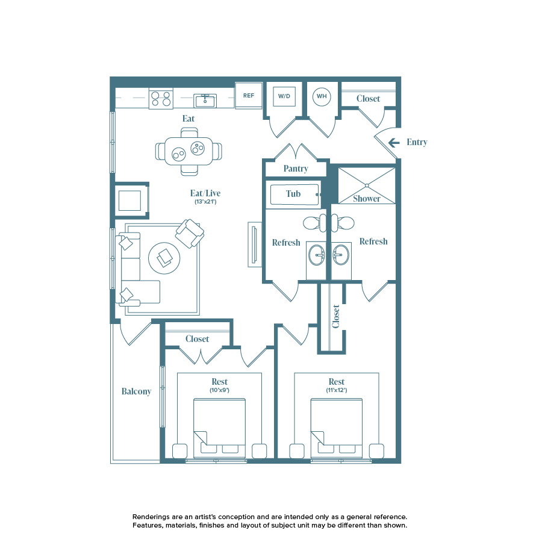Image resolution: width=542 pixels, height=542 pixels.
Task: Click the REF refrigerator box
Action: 248,96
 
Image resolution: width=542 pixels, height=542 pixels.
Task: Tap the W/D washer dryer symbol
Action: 284,96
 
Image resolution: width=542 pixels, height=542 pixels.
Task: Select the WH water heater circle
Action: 322,96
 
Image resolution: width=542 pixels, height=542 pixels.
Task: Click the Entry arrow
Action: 394,143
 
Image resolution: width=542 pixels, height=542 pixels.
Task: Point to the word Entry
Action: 417,143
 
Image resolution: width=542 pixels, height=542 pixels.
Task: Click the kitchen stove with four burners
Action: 161,99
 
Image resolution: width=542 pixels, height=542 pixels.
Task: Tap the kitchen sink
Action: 205,100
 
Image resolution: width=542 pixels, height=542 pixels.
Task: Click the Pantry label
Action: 296,169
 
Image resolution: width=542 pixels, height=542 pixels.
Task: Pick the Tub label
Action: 293,194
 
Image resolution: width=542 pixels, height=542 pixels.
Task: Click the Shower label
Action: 367,198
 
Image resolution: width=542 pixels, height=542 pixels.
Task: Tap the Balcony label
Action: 136,391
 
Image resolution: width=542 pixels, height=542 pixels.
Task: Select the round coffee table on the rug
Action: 164,258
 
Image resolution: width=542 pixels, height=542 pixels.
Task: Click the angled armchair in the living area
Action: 190,233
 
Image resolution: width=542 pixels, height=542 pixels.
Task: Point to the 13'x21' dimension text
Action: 205,202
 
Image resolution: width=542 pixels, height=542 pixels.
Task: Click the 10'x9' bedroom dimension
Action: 219,390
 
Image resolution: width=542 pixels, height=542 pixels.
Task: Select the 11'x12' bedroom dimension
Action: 337,390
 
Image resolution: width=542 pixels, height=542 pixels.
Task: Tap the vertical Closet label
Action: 336,316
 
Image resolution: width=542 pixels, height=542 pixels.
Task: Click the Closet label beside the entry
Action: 368,99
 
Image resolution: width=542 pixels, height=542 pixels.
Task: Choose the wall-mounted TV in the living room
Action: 254,245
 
